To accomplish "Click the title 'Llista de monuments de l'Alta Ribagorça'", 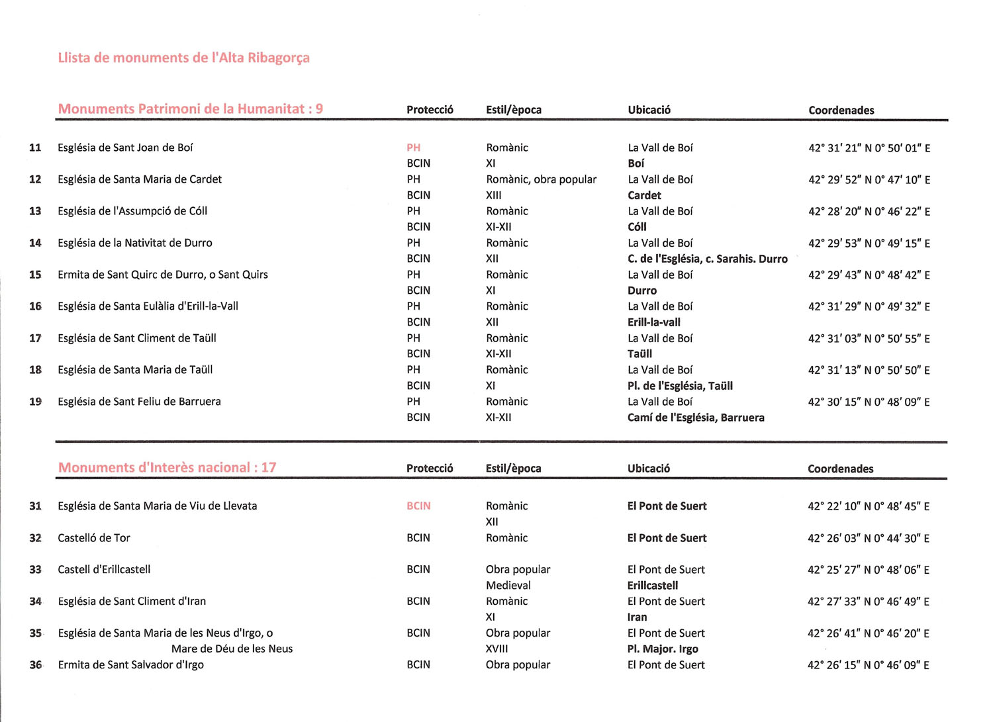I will [183, 58].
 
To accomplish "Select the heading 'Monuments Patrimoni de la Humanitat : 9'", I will [190, 109].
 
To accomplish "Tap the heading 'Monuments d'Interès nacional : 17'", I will [167, 468].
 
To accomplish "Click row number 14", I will [35, 243].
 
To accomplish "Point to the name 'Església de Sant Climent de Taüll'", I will [136, 338].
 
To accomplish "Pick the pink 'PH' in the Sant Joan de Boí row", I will [414, 148].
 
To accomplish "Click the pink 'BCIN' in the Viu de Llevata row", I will [418, 506].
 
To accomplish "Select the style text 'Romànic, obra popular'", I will [541, 179].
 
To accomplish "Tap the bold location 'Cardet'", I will [644, 195].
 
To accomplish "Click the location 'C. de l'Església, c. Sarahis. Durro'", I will [707, 259].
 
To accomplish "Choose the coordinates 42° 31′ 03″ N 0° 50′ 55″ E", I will [869, 339].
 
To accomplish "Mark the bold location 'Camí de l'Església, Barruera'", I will [696, 418].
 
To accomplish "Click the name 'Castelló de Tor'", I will [94, 538].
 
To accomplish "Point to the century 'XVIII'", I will [496, 649].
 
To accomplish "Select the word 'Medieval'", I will [508, 585].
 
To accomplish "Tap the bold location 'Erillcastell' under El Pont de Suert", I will [653, 585].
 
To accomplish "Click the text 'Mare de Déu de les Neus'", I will [232, 649].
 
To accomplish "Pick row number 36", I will [35, 665].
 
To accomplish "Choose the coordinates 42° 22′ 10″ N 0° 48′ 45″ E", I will [868, 506].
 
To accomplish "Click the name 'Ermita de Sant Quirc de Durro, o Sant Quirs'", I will [162, 275].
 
